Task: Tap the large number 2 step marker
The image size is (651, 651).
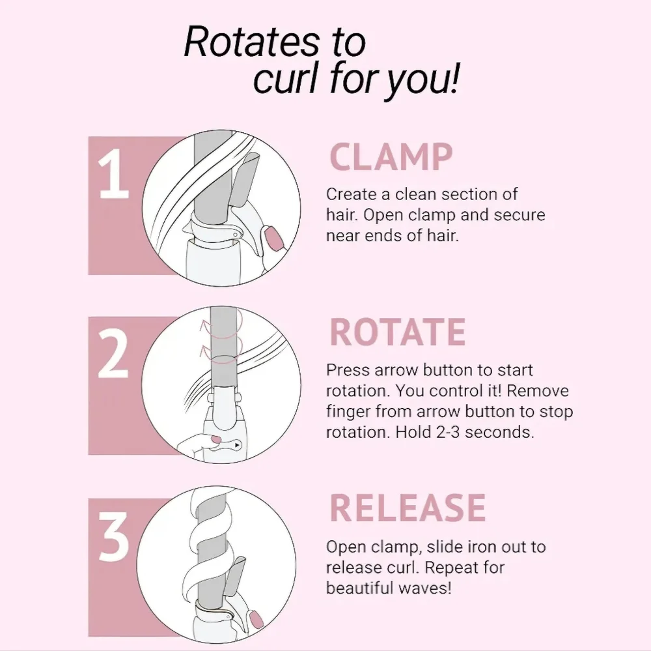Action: tap(113, 354)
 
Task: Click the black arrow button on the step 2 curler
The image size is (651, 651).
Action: tap(237, 445)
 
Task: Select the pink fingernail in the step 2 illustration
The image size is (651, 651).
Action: tap(216, 439)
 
